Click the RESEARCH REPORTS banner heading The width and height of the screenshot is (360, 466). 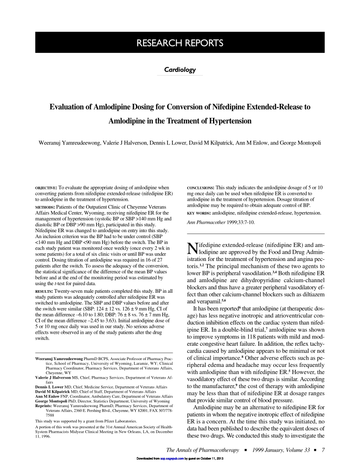tap(180, 43)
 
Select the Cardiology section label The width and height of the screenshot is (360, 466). tap(180, 69)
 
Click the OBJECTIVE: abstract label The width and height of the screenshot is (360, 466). tap(46, 187)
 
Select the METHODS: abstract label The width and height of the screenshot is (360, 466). tap(45, 207)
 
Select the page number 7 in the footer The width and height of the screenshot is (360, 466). tap(323, 450)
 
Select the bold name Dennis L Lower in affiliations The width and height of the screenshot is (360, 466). tap(50, 387)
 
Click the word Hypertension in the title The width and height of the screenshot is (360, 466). tap(224, 122)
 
